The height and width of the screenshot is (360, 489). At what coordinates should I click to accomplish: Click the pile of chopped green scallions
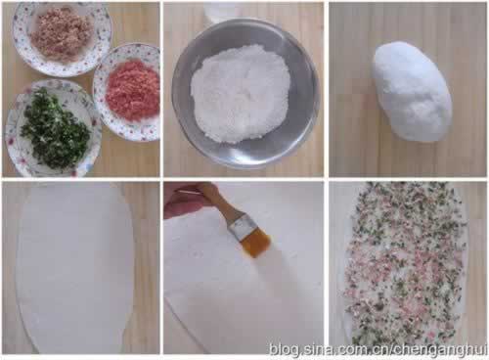(56, 130)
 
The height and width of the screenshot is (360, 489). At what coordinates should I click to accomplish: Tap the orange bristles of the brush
(255, 243)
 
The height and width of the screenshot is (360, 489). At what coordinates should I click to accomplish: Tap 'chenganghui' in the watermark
(440, 350)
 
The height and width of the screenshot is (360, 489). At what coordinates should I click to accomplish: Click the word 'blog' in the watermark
(283, 350)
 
